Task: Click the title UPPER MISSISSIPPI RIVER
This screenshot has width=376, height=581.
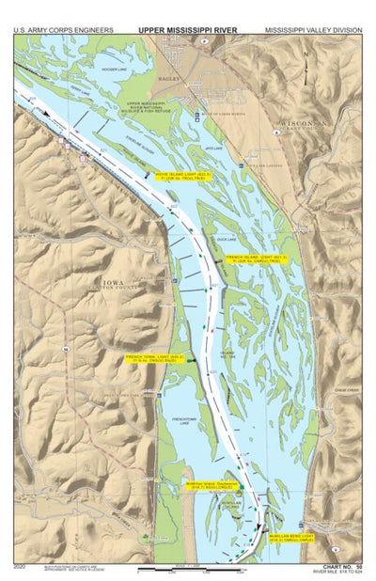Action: point(188,30)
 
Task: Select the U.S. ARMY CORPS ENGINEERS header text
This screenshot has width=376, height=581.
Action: point(56,30)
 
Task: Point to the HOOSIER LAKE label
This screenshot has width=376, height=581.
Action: point(113,69)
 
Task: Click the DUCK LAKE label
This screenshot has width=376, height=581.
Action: point(225,239)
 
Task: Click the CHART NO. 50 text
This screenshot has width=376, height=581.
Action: point(341,566)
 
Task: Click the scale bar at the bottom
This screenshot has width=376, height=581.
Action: point(188,569)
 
